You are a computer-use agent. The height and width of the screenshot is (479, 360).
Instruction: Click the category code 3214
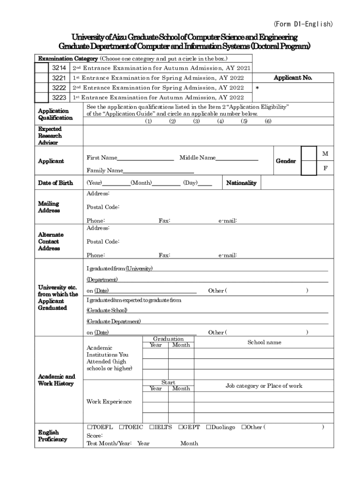[x=58, y=68]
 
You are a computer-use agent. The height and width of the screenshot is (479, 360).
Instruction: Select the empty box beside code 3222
[x=42, y=88]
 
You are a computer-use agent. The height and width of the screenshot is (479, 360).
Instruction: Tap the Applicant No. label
[x=293, y=78]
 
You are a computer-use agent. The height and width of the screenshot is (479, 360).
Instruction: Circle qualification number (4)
[x=220, y=121]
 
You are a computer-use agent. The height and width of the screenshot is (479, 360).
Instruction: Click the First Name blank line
[x=146, y=159]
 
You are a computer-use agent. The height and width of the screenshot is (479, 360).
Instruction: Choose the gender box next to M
[x=309, y=154]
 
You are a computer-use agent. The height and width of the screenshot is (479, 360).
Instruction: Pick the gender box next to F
[x=309, y=168]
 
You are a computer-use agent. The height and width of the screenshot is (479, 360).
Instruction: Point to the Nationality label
[x=241, y=183]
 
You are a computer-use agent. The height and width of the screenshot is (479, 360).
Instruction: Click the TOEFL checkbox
[x=89, y=428]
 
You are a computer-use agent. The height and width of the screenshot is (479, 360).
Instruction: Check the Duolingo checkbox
[x=209, y=428]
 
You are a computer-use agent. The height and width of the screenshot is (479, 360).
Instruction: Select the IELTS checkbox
[x=151, y=428]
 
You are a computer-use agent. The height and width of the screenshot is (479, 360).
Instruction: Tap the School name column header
[x=264, y=342]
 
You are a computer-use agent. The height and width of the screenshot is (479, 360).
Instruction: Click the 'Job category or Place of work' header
[x=264, y=386]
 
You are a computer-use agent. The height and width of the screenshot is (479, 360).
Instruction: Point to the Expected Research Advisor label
[x=50, y=136]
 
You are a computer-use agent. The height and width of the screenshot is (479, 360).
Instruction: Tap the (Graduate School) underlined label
[x=107, y=311]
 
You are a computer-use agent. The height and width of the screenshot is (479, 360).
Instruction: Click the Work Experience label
[x=109, y=402]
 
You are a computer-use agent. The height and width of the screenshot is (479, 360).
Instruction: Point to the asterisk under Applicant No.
[x=257, y=88]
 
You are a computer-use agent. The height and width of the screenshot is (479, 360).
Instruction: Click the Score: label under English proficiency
[x=94, y=435]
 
